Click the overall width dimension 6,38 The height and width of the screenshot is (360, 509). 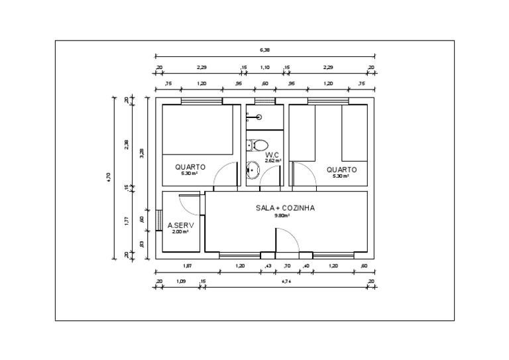(264, 50)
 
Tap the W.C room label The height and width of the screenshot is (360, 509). (272, 154)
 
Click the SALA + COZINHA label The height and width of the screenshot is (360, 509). (285, 208)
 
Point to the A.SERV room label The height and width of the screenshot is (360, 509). (180, 225)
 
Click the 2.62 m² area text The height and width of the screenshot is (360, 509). (273, 160)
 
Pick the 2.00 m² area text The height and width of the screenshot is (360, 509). (180, 232)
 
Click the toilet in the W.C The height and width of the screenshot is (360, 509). (259, 144)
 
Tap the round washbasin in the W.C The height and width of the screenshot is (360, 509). (253, 170)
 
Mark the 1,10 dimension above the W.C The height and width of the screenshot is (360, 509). (264, 68)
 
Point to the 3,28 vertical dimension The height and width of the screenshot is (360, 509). (141, 152)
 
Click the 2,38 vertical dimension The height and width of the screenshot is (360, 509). (126, 144)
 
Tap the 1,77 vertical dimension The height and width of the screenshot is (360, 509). (126, 221)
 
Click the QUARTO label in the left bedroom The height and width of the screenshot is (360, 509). (190, 167)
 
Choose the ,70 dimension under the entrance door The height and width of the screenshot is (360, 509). (286, 266)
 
